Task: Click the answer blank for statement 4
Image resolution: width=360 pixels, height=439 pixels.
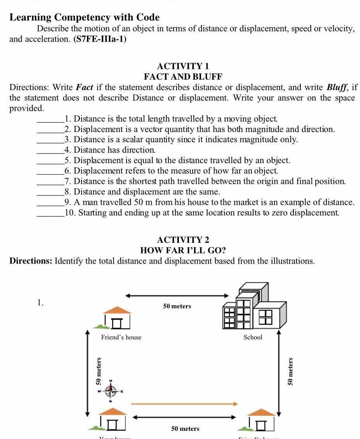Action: [50, 150]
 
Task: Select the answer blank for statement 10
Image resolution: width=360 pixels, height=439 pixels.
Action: [50, 213]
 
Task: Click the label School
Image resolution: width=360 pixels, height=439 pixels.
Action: [253, 337]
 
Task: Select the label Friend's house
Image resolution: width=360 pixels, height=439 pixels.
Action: [121, 337]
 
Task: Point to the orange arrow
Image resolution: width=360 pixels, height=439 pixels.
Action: [185, 404]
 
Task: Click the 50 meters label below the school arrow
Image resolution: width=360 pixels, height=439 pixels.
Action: [177, 306]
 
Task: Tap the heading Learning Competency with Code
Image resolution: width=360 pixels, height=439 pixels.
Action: [84, 17]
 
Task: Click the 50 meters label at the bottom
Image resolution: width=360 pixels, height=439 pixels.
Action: [185, 428]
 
